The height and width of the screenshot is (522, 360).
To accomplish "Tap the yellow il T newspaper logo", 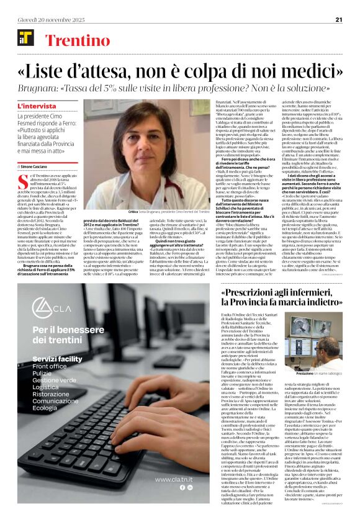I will [x=25, y=40].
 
